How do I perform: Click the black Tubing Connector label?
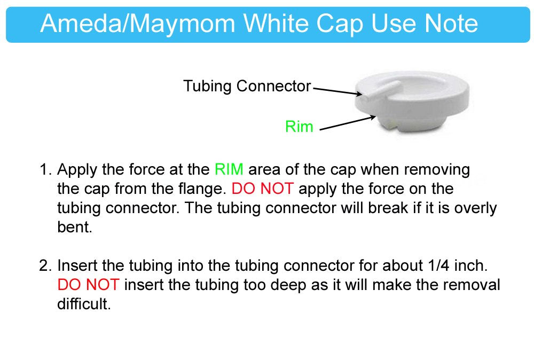[x=247, y=86]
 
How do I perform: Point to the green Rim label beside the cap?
[x=299, y=127]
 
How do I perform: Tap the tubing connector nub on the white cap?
[x=380, y=91]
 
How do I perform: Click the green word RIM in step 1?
[x=229, y=170]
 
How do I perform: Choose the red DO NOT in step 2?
[x=88, y=285]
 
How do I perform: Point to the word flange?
[x=200, y=189]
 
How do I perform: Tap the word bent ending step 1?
[x=74, y=227]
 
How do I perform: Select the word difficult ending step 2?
[x=84, y=304]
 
